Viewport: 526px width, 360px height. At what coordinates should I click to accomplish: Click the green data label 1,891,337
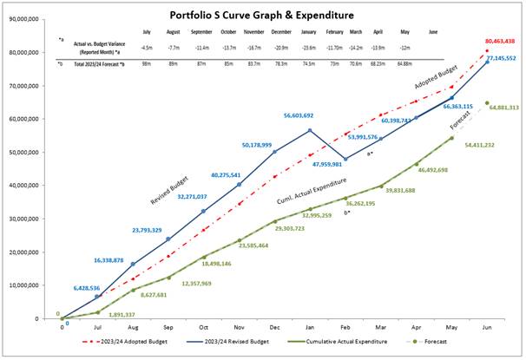121,317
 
